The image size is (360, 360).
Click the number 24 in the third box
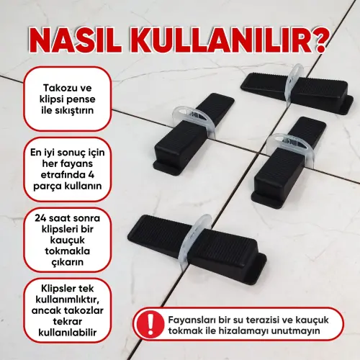point(34,215)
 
